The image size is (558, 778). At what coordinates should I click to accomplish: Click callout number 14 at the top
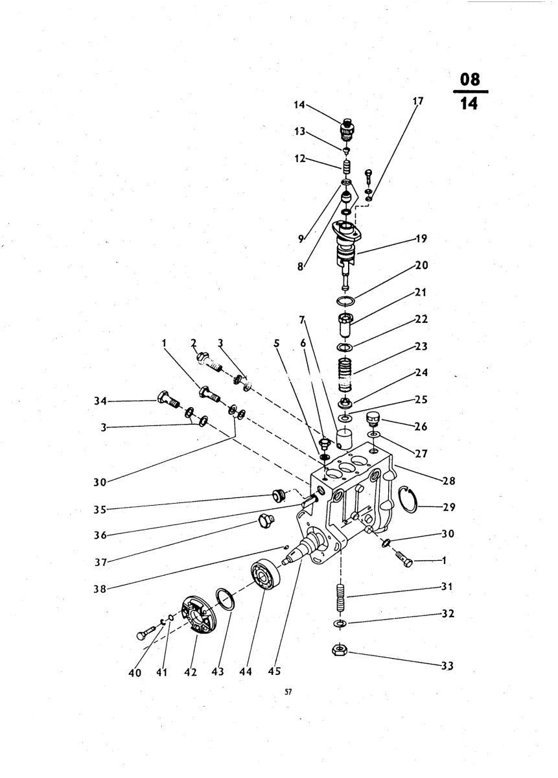click(299, 104)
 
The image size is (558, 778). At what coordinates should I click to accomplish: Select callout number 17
click(417, 101)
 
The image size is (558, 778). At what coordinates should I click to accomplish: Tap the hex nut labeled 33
click(340, 650)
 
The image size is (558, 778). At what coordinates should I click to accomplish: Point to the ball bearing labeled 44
click(264, 574)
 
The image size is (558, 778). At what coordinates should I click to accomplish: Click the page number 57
click(289, 692)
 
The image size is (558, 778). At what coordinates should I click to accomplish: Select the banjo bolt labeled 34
click(167, 397)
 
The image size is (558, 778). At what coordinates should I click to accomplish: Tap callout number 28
click(448, 480)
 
